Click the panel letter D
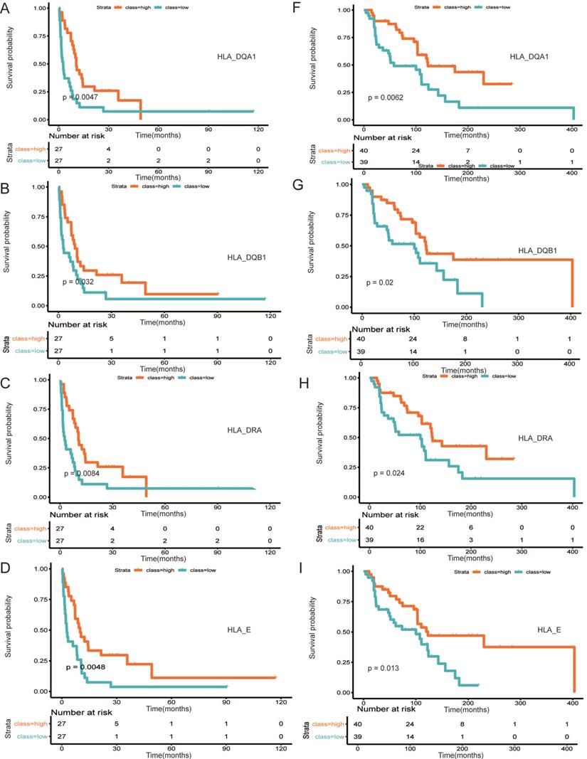7,566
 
